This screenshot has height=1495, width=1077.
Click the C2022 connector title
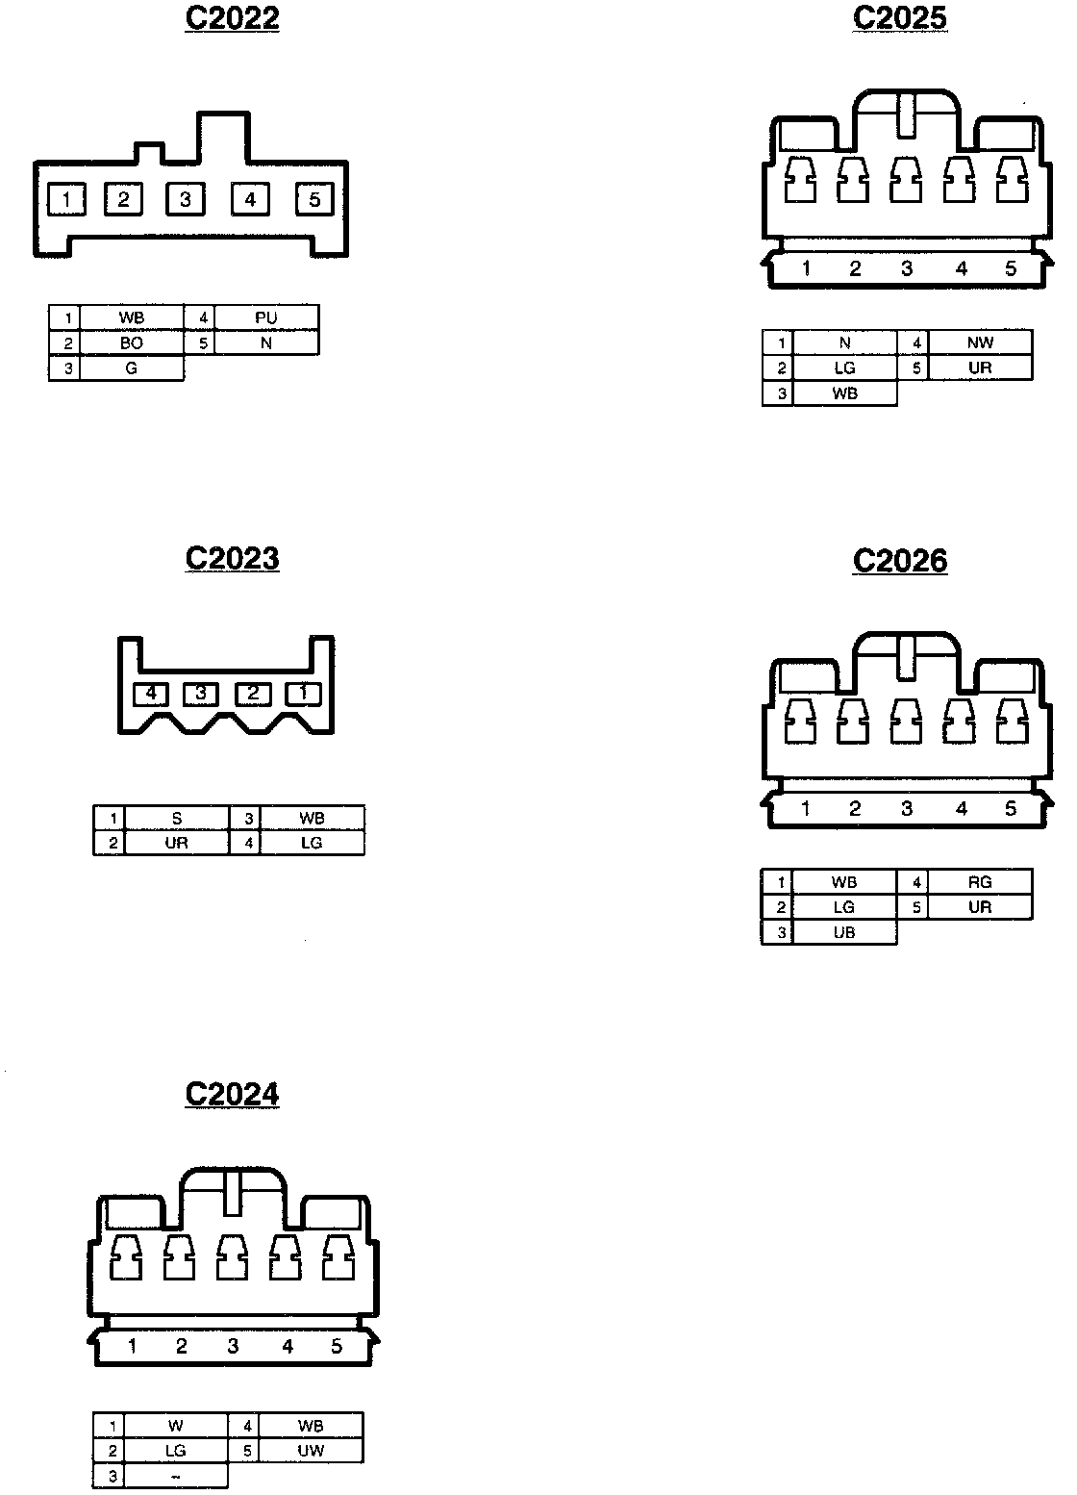[232, 18]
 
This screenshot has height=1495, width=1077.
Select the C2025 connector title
[900, 18]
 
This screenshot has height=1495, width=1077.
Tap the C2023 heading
[232, 559]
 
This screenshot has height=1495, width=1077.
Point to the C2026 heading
[900, 561]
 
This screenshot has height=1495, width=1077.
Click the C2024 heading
[232, 1094]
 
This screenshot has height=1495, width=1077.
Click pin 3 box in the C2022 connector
[186, 199]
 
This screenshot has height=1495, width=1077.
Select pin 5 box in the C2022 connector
[314, 199]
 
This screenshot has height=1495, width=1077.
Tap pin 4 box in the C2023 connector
[151, 693]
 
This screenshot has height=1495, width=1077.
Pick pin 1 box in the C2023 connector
[304, 693]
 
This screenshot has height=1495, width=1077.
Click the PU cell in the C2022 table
[266, 317]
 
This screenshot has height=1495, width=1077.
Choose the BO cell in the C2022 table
[132, 342]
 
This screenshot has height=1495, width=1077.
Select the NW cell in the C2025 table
[980, 342]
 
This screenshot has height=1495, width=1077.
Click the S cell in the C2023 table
[177, 819]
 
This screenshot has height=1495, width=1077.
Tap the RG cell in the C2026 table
[980, 882]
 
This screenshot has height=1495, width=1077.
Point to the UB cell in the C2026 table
[844, 932]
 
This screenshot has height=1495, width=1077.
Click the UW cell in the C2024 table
[311, 1451]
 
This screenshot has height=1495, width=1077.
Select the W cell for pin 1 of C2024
[176, 1426]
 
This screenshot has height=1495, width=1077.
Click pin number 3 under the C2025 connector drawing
[907, 268]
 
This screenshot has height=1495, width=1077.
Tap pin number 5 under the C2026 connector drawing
[1011, 808]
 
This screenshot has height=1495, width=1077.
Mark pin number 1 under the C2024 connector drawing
[132, 1346]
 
